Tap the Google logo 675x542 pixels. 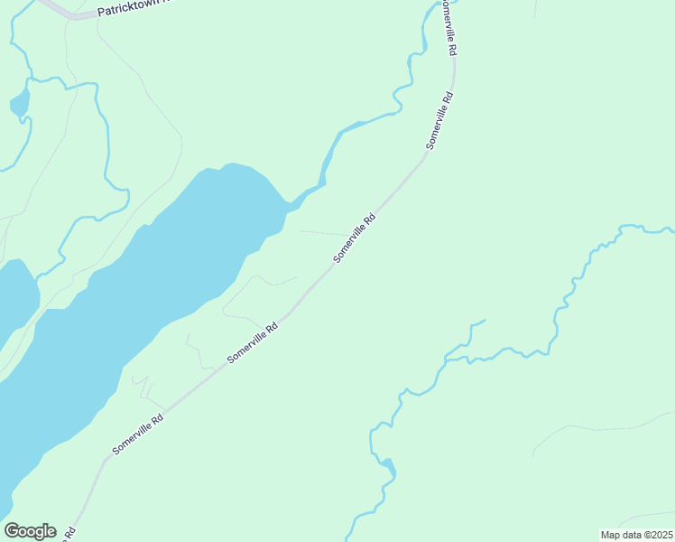pyautogui.click(x=30, y=531)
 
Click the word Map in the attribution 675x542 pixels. pyautogui.click(x=612, y=535)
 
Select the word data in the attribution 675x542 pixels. pyautogui.click(x=633, y=535)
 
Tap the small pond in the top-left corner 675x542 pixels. pyautogui.click(x=19, y=104)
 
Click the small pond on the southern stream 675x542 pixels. pyautogui.click(x=387, y=466)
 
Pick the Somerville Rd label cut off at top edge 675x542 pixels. pyautogui.click(x=448, y=27)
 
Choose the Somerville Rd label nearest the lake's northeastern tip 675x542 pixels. pyautogui.click(x=354, y=238)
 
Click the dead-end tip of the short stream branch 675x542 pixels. pyautogui.click(x=485, y=321)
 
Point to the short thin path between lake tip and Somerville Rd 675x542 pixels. pyautogui.click(x=320, y=232)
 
